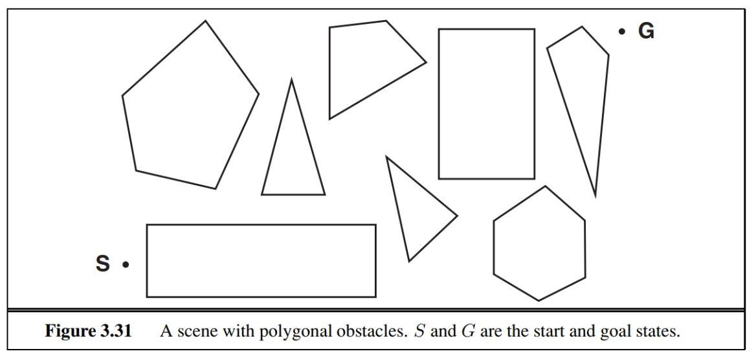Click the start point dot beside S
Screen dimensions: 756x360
(x=126, y=264)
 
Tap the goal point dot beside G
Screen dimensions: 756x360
(x=622, y=31)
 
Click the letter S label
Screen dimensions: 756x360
(x=103, y=264)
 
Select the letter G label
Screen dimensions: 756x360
(x=646, y=31)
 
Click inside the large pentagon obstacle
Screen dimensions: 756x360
(x=190, y=110)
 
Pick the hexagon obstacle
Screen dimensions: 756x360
(x=540, y=244)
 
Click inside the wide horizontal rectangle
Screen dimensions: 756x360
(x=261, y=260)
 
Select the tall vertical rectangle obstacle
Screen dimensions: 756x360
(x=487, y=104)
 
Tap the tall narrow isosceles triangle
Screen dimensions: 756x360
(x=293, y=155)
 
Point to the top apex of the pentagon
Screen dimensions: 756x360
(x=206, y=21)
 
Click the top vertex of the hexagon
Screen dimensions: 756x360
(x=545, y=186)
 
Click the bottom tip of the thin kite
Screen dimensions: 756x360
(x=595, y=195)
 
